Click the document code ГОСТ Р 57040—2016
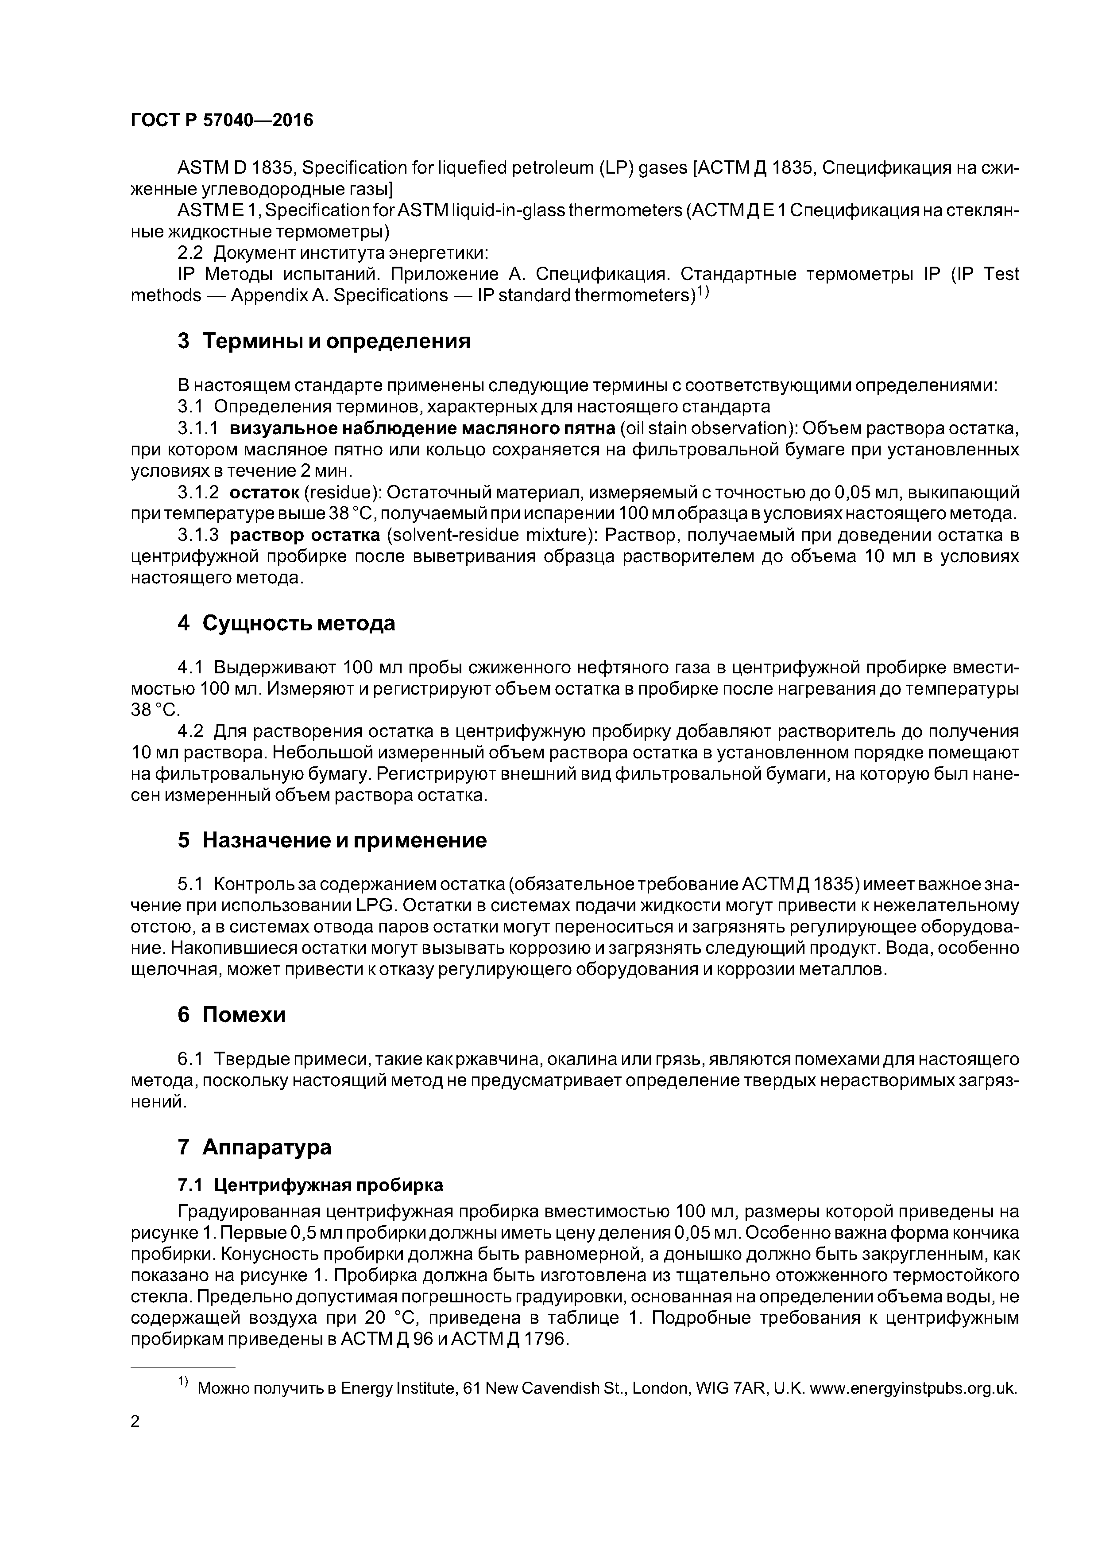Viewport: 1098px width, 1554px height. coord(222,120)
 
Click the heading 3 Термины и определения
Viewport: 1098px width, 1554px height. coord(323,341)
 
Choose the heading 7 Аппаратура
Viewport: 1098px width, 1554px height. coord(255,1147)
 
